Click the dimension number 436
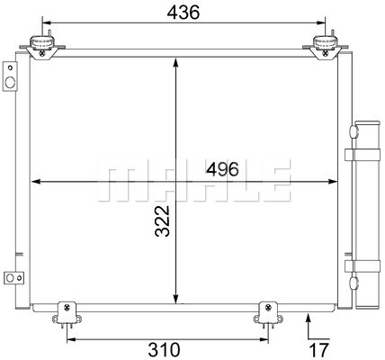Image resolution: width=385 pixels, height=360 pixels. [x=183, y=13]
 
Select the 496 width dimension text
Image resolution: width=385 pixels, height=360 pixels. [x=222, y=169]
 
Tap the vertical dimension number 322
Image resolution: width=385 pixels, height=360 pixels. [x=163, y=221]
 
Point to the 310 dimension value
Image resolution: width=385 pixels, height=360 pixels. [x=164, y=349]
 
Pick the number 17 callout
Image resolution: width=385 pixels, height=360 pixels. [x=319, y=349]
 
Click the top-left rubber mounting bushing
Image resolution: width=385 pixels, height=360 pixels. [x=42, y=42]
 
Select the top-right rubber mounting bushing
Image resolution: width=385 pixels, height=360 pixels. [x=326, y=42]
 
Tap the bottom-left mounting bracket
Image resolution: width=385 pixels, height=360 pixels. [x=67, y=313]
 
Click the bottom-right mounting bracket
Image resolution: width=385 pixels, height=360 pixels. [x=268, y=313]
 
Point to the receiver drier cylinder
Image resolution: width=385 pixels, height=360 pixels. [x=367, y=214]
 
